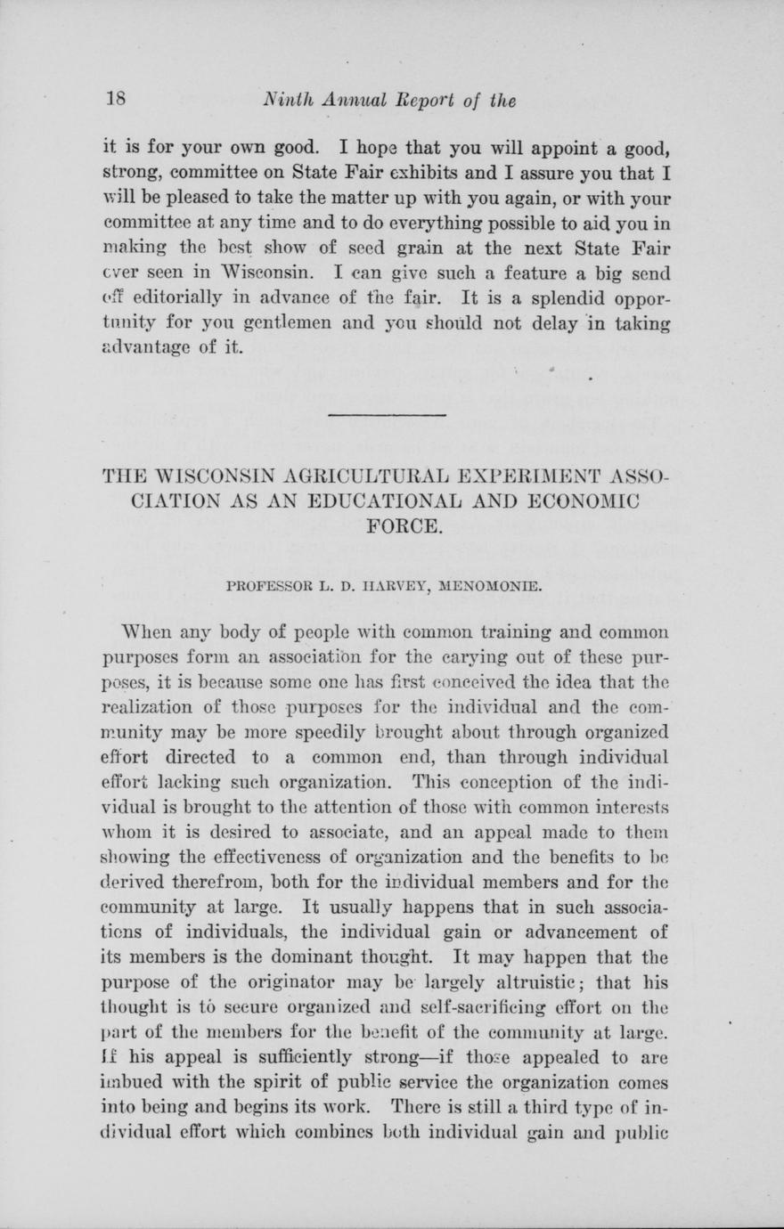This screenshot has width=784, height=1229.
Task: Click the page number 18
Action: click(x=113, y=100)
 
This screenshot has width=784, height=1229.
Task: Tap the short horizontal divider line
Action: click(x=388, y=415)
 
